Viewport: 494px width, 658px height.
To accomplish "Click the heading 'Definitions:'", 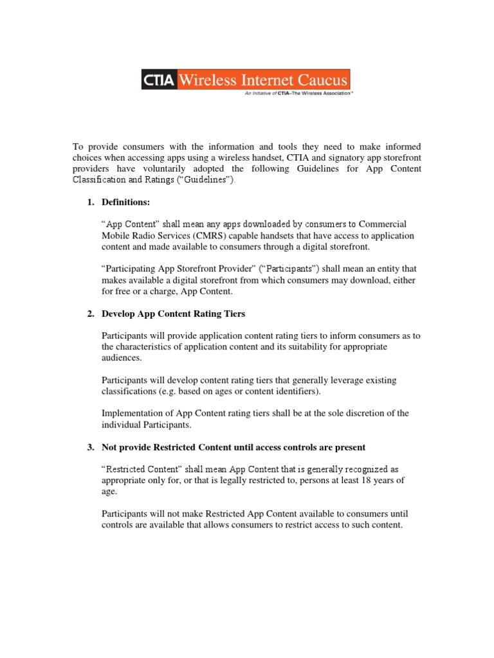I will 125,202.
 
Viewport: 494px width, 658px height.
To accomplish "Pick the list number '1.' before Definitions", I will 91,202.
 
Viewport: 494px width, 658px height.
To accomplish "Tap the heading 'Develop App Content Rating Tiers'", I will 174,314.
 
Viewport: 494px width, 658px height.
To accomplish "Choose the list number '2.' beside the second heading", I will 91,314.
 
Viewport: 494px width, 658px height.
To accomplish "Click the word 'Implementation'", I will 132,413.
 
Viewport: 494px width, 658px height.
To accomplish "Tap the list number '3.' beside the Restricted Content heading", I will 91,447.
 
